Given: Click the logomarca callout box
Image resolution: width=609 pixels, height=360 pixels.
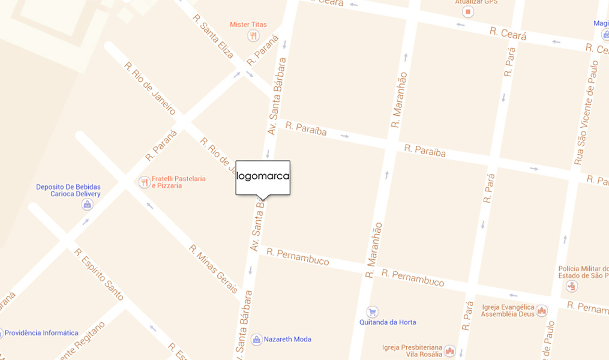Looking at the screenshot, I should [263, 177].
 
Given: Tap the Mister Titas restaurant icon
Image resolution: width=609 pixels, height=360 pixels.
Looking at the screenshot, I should [253, 36].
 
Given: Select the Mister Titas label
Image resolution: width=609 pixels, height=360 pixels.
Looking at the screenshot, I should [248, 25].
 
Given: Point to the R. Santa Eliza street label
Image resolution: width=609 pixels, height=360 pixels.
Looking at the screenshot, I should [213, 37].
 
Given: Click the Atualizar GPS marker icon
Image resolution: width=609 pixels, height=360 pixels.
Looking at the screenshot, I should [468, 12].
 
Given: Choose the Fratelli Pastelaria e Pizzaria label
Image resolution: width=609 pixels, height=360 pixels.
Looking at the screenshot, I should [179, 182].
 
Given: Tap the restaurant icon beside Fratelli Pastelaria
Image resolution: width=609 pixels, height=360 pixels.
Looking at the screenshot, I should [144, 182].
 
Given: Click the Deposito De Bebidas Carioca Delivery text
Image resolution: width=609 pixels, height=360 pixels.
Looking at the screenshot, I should [68, 190].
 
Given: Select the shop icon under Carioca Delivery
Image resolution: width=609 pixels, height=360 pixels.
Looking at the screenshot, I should [88, 205].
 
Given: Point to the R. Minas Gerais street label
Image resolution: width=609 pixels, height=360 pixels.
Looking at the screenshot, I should [214, 269].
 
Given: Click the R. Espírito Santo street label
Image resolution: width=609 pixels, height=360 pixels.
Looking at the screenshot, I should [99, 274].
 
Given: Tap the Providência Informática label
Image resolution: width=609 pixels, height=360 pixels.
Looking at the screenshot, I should [42, 333].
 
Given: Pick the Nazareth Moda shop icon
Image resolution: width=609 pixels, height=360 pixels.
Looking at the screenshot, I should [256, 340].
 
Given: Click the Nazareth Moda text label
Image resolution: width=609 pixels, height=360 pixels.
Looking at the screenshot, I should [287, 340].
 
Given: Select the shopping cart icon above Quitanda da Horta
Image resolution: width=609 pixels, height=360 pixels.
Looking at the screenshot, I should [372, 311].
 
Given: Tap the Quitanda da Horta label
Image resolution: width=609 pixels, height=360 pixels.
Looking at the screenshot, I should [388, 322].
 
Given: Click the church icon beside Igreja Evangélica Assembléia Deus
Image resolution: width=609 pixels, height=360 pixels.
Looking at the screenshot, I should [542, 310].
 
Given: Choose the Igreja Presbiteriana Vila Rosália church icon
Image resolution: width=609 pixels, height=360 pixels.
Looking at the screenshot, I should [449, 351].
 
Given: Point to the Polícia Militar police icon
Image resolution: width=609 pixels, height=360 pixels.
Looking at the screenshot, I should [572, 286].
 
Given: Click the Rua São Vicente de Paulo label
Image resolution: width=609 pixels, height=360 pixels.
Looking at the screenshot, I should [586, 112].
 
